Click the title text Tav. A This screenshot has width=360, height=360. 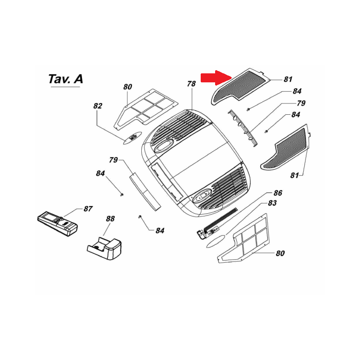point(65,79)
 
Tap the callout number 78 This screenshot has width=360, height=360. point(191,84)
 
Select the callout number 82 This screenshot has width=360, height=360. point(98,106)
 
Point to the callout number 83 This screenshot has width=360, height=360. point(272,203)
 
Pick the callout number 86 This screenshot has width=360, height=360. point(278,193)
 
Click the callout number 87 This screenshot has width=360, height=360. point(88,209)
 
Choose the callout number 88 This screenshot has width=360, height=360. point(110,219)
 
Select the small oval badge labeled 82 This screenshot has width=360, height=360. point(132,137)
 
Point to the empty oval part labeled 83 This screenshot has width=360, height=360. point(215,242)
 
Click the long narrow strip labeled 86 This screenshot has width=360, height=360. point(219,221)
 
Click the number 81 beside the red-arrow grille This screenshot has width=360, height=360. point(288,80)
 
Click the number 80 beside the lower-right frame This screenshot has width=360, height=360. point(280,253)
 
